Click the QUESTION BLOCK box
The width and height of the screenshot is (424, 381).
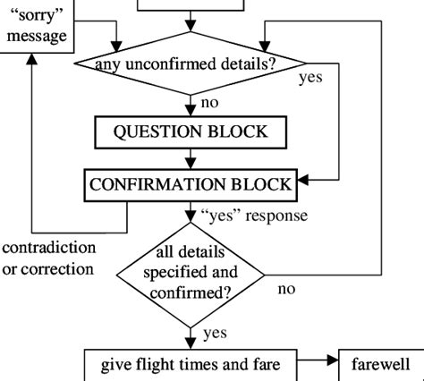190,132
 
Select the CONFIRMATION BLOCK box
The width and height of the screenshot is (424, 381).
190,184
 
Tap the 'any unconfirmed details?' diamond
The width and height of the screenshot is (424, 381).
190,63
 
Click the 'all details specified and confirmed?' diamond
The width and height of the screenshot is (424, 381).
191,272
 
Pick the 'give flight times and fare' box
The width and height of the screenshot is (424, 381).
190,364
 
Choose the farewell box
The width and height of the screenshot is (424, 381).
379,364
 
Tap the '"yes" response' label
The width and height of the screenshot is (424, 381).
254,216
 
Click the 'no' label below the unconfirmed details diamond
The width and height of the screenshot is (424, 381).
209,103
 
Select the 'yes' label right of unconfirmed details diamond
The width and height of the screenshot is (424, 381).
310,78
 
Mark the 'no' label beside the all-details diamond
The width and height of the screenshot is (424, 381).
286,289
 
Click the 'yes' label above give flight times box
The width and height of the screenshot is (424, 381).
215,334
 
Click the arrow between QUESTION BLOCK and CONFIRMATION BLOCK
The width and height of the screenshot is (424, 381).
190,158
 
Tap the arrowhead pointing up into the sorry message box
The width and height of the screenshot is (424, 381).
31,58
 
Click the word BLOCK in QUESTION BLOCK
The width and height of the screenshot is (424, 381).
235,132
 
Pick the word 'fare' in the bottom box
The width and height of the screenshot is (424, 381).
267,364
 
